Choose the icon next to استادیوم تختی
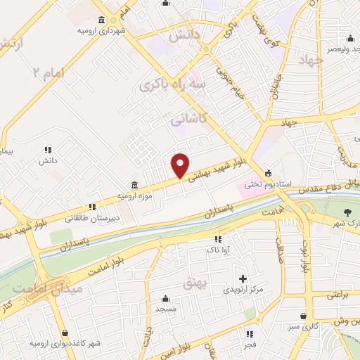[267, 173]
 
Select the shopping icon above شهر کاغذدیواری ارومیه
[65, 333]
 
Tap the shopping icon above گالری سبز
[303, 316]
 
